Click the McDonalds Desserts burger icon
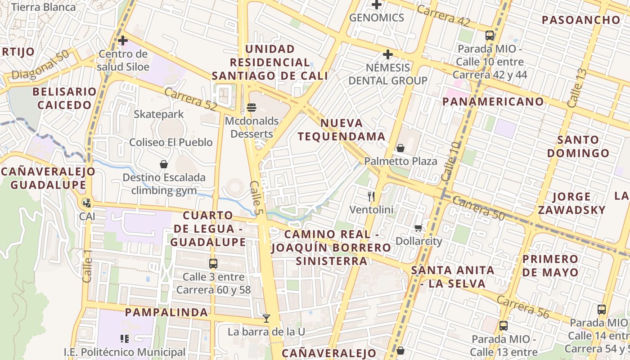[251, 108]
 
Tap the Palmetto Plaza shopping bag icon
[400, 148]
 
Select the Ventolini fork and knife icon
[371, 196]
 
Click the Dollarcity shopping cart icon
[418, 228]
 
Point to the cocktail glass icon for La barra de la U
[266, 319]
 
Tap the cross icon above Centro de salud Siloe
[122, 40]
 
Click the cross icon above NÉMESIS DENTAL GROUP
[387, 55]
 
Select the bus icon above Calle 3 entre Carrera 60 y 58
[213, 264]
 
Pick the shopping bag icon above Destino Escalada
[164, 164]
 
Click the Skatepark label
[159, 114]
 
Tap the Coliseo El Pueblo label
[171, 142]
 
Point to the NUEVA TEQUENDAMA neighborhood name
[342, 130]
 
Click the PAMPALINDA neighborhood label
[166, 312]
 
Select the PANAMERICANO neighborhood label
[493, 101]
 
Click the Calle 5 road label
[256, 197]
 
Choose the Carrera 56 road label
[523, 307]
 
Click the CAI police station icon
[86, 203]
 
